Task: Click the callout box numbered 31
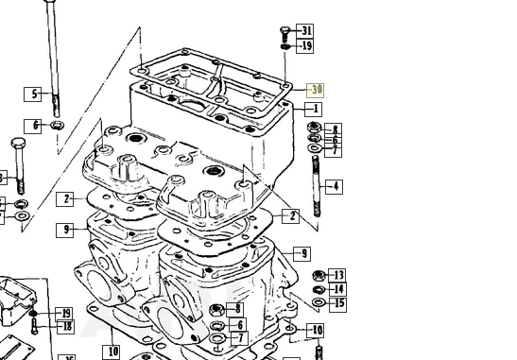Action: tap(305, 31)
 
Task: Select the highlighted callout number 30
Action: tap(316, 90)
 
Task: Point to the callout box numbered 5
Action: tap(34, 94)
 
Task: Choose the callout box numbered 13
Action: tap(337, 276)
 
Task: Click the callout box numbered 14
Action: tap(337, 289)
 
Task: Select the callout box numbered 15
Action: tap(337, 304)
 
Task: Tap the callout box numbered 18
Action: tap(64, 327)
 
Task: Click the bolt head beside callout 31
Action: tap(284, 33)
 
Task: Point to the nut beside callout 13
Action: tap(318, 276)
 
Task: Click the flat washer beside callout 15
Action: tap(318, 303)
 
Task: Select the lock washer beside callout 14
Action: tap(318, 289)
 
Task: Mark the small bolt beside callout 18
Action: tap(35, 327)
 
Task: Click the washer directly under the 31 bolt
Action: tap(284, 45)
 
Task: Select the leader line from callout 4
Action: tap(322, 187)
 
